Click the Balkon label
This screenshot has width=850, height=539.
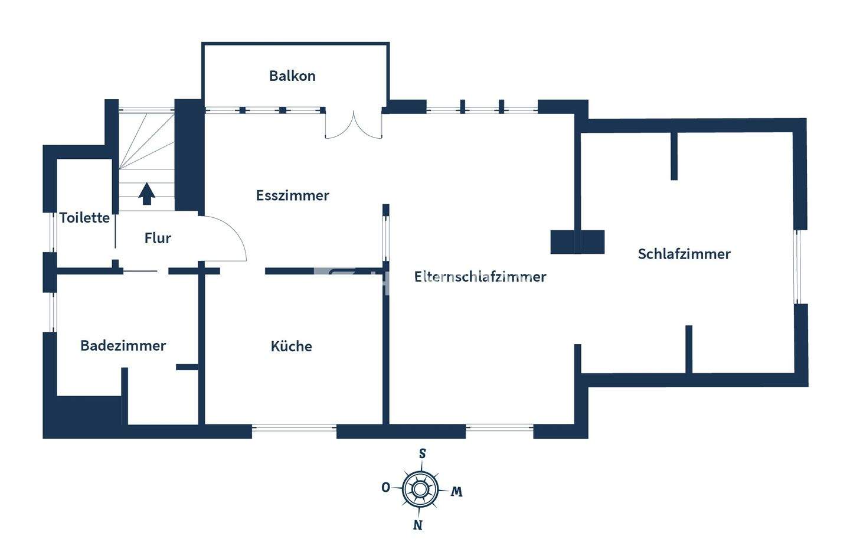pos(292,76)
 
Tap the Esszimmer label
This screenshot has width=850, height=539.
pos(292,195)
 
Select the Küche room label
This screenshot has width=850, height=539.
pos(291,347)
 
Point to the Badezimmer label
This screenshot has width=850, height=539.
pos(123,346)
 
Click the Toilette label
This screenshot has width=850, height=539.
pos(84,218)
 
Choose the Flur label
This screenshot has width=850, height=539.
pos(158,239)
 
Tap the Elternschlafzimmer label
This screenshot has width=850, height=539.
pos(480,277)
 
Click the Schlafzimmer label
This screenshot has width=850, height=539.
pos(684,254)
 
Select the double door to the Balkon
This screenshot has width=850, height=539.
pos(354,125)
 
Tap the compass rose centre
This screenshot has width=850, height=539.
pos(420,489)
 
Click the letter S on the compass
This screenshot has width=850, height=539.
pos(422,454)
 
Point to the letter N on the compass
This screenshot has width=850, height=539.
pos(418,525)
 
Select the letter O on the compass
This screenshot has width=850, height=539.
pos(385,488)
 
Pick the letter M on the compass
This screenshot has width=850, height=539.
pos(456,492)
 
